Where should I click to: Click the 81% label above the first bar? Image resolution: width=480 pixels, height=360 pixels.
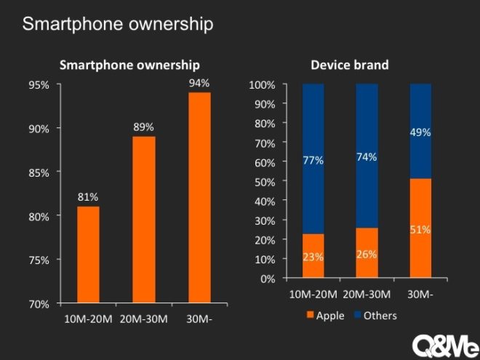pyautogui.click(x=88, y=197)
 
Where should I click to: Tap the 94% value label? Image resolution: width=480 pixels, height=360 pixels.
pyautogui.click(x=199, y=83)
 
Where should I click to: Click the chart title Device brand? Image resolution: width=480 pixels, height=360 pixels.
pyautogui.click(x=349, y=65)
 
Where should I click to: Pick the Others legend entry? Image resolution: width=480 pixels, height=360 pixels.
pyautogui.click(x=376, y=316)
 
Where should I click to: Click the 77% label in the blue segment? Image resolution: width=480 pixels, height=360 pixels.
pyautogui.click(x=313, y=160)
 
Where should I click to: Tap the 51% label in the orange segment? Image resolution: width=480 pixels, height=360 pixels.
pyautogui.click(x=420, y=230)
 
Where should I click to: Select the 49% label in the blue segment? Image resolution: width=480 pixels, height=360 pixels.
pyautogui.click(x=420, y=133)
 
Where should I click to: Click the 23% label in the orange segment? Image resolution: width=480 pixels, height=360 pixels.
pyautogui.click(x=313, y=257)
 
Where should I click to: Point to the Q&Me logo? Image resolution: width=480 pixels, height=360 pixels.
pyautogui.click(x=444, y=345)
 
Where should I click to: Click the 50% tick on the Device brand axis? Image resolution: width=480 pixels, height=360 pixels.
pyautogui.click(x=265, y=181)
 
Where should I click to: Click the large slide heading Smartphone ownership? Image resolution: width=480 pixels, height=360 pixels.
pyautogui.click(x=118, y=24)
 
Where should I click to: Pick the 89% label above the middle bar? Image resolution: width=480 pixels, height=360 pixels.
pyautogui.click(x=143, y=127)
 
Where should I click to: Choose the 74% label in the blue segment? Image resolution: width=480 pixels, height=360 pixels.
pyautogui.click(x=367, y=158)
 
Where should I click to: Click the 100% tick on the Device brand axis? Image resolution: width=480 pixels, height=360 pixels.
pyautogui.click(x=263, y=84)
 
